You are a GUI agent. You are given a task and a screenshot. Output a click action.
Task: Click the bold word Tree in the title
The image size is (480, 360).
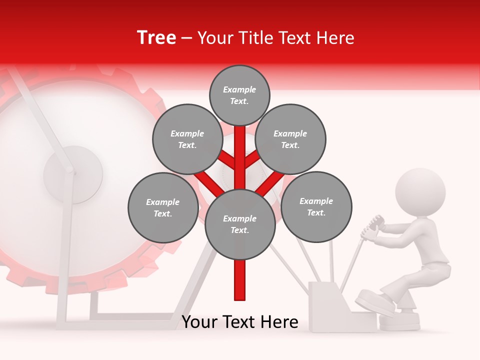tap(156, 38)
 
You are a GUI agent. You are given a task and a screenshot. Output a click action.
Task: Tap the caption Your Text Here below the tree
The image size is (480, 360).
tap(240, 322)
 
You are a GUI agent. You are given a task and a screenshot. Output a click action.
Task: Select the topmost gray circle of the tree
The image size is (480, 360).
tap(239, 95)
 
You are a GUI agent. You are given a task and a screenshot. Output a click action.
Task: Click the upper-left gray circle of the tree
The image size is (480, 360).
tap(187, 139)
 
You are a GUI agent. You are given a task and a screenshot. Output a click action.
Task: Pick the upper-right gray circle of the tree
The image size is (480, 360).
tap(290, 139)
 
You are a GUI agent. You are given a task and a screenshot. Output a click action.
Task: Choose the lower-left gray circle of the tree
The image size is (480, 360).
tap(162, 207)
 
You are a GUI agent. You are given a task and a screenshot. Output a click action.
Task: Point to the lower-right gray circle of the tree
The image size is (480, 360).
tap(316, 206)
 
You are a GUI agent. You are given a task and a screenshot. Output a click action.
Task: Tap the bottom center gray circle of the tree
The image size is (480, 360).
tap(240, 224)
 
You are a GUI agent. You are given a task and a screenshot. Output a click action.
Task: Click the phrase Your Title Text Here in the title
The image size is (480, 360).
tap(276, 38)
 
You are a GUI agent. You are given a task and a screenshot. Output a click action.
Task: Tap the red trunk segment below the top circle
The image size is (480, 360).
tap(240, 150)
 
